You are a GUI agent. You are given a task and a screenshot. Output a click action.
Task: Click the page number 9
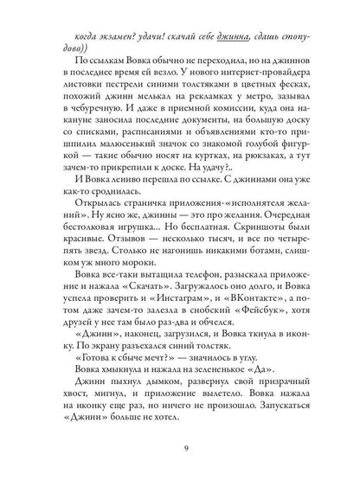[181, 447]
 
